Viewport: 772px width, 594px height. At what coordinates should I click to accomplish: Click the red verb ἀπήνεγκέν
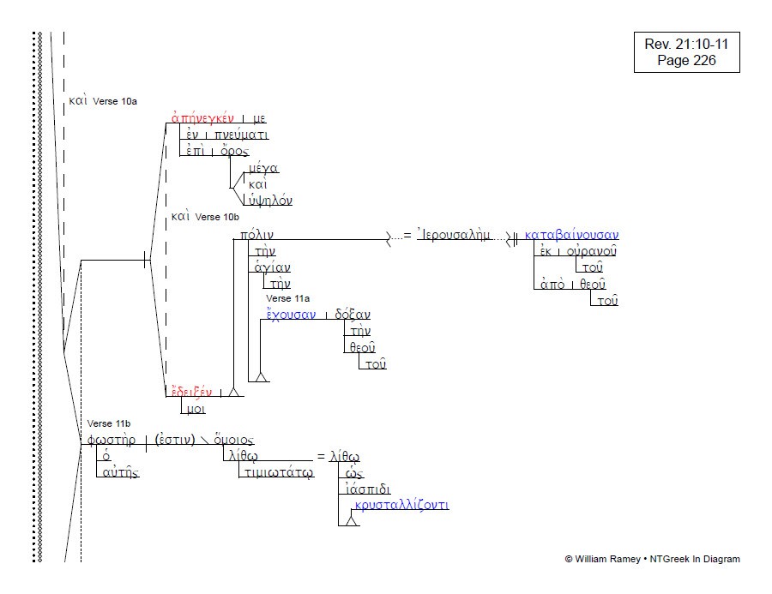tap(202, 118)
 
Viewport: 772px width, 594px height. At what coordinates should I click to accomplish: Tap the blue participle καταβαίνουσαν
tap(571, 235)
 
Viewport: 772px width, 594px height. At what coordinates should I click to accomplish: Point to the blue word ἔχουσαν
tap(290, 315)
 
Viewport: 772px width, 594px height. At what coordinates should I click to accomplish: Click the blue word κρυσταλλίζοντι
tap(401, 505)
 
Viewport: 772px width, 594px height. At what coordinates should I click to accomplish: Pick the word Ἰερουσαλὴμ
tap(454, 235)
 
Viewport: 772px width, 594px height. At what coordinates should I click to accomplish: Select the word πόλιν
tap(257, 235)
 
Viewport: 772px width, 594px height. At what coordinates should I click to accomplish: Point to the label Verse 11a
tap(287, 298)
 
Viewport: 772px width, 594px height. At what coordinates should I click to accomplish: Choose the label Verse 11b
tap(109, 424)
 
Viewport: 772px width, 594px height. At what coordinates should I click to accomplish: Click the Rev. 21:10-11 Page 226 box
tap(686, 52)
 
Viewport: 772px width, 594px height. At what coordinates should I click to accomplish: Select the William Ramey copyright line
tap(652, 559)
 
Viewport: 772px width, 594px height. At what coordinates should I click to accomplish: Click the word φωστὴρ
tap(112, 441)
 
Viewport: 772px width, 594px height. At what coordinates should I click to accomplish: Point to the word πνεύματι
tap(242, 135)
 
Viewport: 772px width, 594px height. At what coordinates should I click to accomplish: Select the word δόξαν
tap(353, 315)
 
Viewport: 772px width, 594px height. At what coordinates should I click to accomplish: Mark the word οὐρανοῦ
tap(591, 251)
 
